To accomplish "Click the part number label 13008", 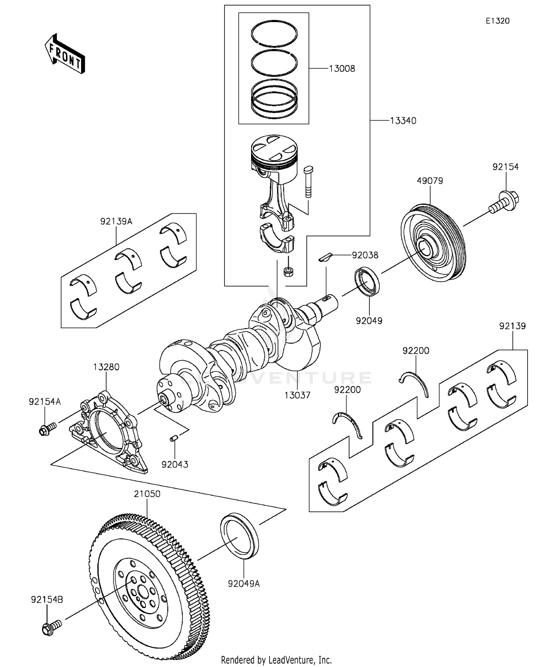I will (x=342, y=69).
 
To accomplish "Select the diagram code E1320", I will (x=497, y=21).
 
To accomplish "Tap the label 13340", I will (x=403, y=121).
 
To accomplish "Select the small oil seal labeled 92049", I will (x=367, y=282).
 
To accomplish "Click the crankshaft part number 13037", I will (x=297, y=395).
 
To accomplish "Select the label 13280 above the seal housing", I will (x=106, y=367).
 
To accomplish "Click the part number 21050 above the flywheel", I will (x=147, y=494).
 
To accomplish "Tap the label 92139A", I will (x=116, y=222).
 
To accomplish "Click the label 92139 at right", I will (x=512, y=326).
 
